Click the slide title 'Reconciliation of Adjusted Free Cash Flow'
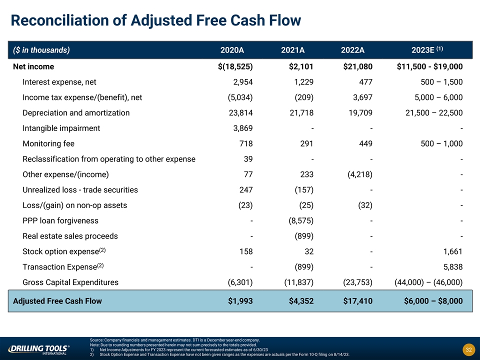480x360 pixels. pos(156,20)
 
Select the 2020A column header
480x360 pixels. pos(232,50)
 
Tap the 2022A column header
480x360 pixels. pos(352,50)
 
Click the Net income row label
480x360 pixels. pos(33,66)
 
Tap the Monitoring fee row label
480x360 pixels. pos(48,144)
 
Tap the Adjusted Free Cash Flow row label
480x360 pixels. pos(57,301)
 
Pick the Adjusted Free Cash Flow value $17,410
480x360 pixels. pos(357,301)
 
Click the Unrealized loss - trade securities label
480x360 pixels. pos(80,190)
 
